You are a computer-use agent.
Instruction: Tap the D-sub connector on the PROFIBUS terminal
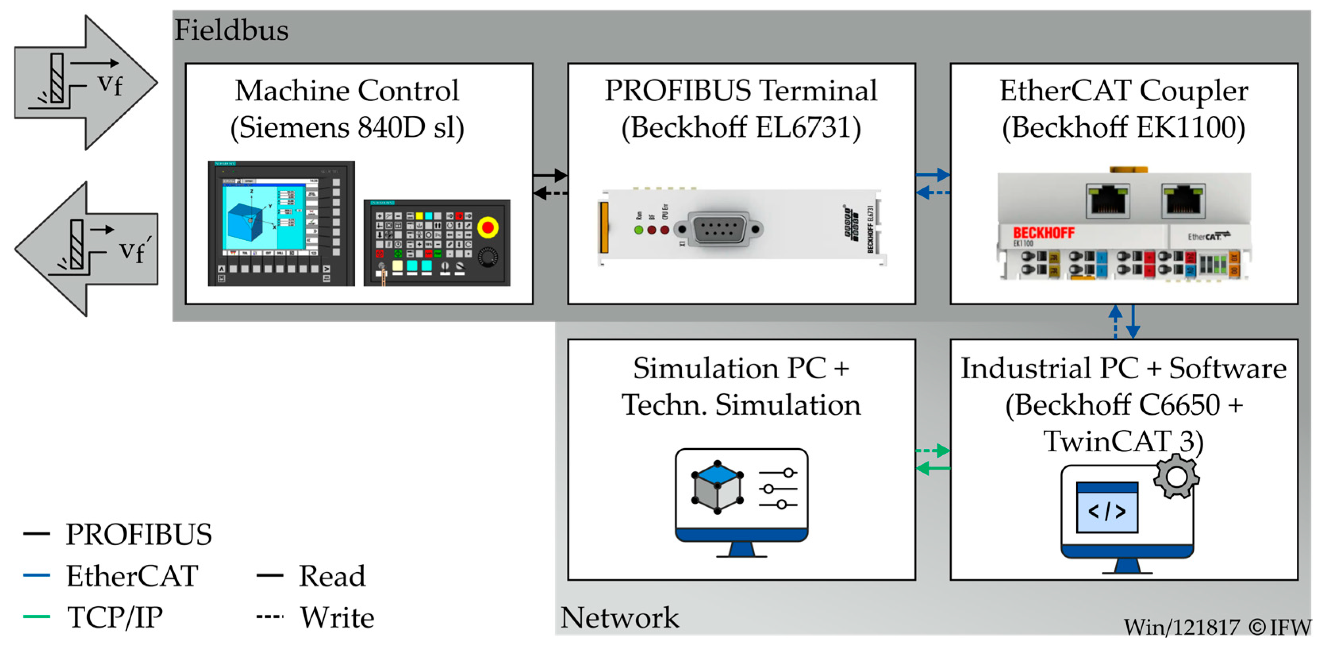pyautogui.click(x=718, y=229)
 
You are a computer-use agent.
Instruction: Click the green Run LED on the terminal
pyautogui.click(x=638, y=230)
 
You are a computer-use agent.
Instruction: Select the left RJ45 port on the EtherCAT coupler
pyautogui.click(x=1108, y=199)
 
